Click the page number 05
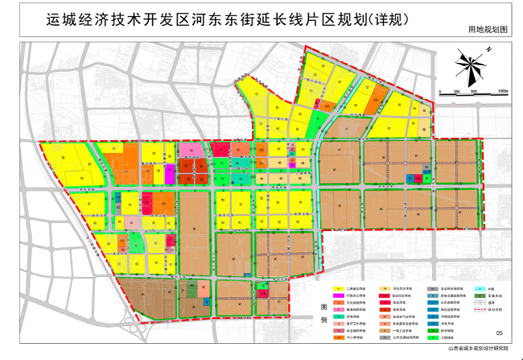coord(499,332)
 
